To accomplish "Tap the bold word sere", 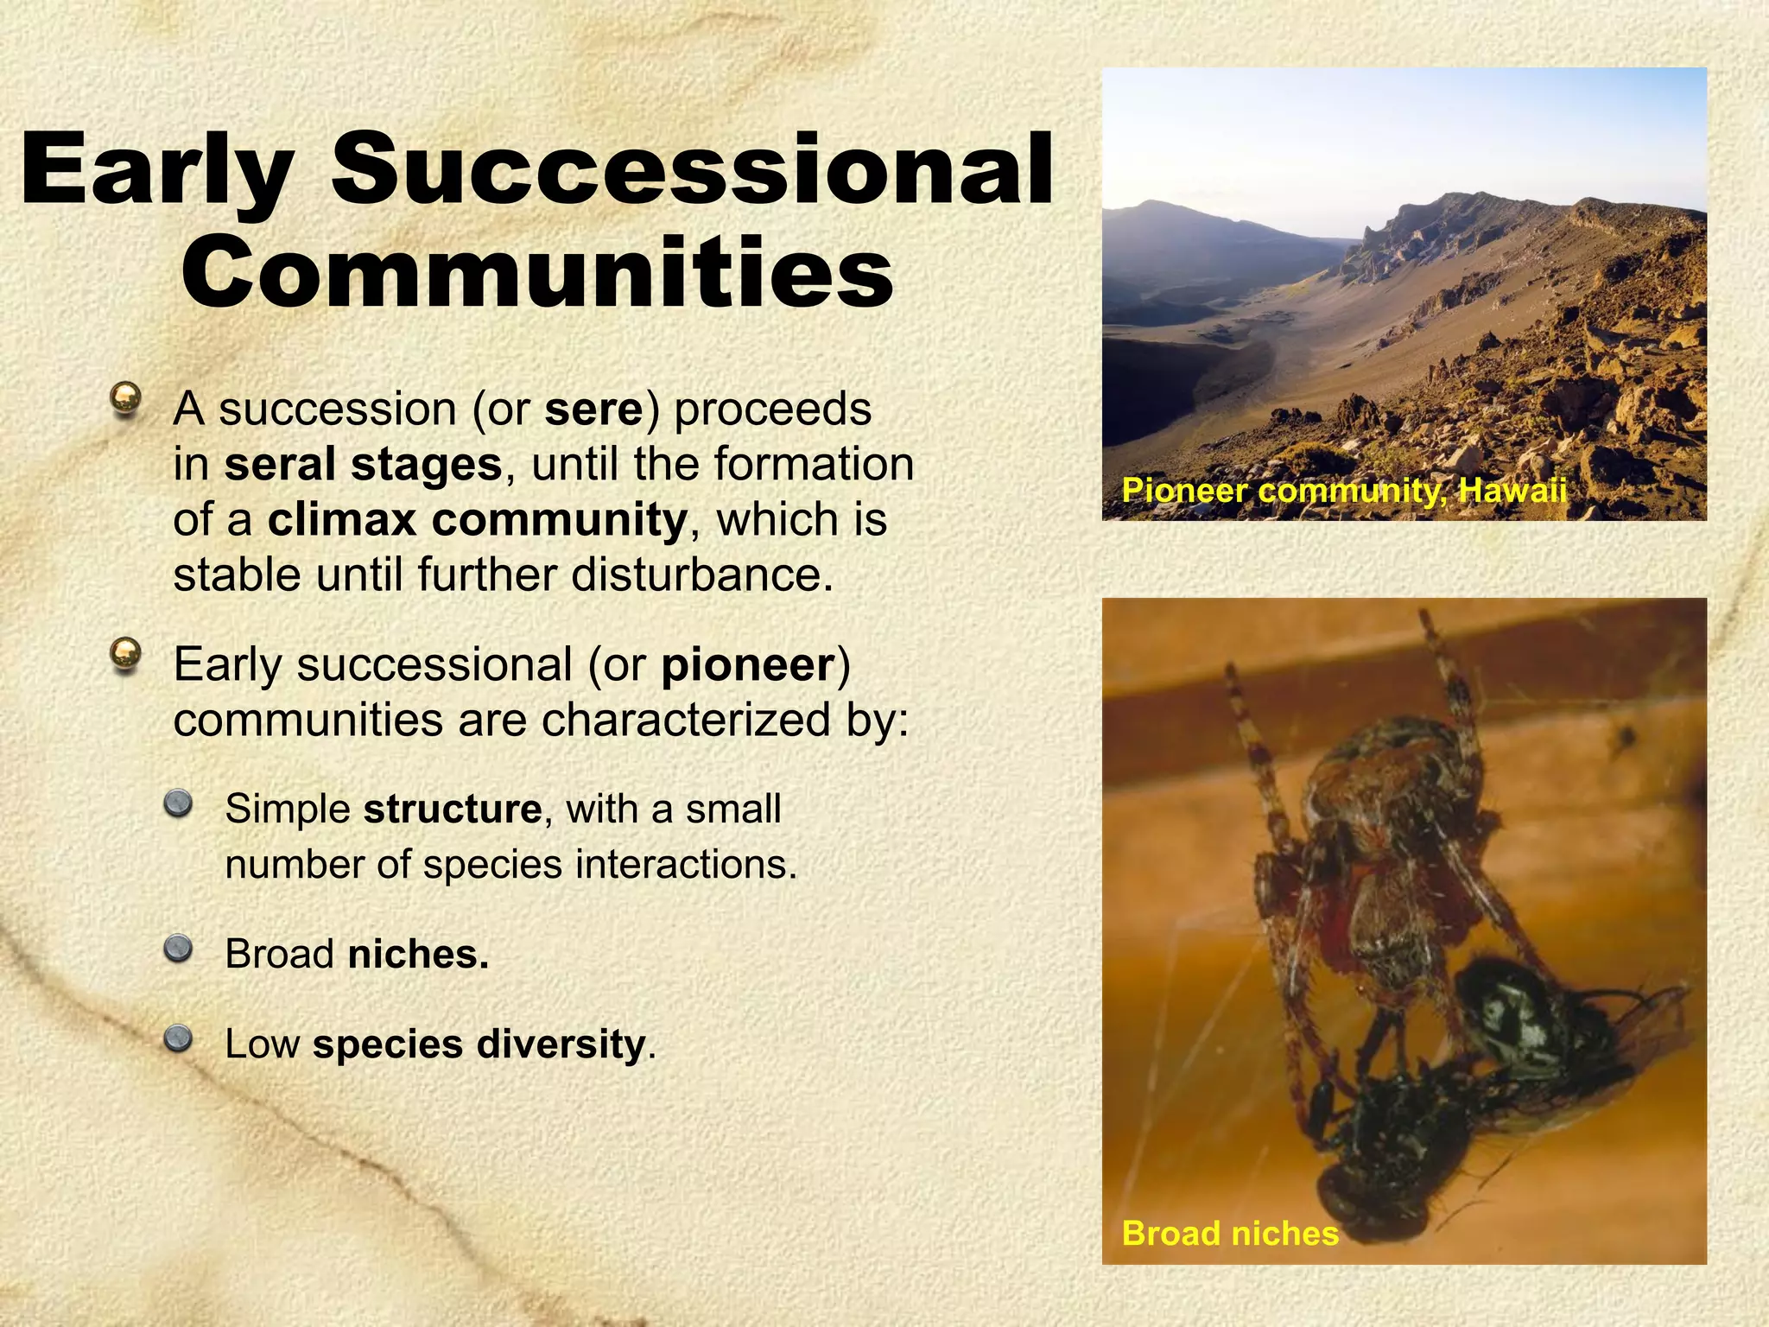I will (x=594, y=410).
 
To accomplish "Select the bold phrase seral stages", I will (x=363, y=465).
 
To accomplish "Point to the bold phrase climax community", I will (x=478, y=520).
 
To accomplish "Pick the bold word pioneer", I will (x=748, y=665).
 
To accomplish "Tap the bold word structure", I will (x=452, y=810).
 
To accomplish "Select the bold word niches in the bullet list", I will (x=418, y=955).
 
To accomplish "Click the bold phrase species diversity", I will (x=479, y=1044).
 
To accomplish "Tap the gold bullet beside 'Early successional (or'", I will (x=126, y=655).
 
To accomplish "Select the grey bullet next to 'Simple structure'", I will (x=179, y=804).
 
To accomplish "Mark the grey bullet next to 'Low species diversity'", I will (x=179, y=1038).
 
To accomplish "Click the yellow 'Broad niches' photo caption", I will (x=1229, y=1233).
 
